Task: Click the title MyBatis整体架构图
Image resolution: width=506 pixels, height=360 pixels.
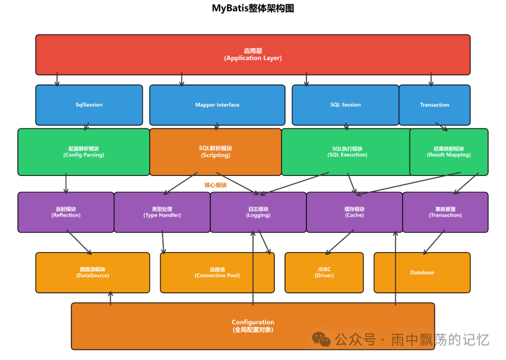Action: point(253,8)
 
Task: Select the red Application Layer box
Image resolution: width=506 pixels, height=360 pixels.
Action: point(253,54)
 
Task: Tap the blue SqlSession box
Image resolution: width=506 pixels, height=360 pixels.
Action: point(89,105)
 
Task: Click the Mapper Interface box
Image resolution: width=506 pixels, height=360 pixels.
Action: point(217,105)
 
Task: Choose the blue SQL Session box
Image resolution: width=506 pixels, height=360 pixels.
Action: point(345,105)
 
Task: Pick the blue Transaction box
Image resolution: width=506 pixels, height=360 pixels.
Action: point(434,105)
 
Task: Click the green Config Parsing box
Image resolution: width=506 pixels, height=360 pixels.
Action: point(83,152)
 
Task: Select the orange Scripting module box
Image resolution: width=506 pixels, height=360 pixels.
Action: point(216,152)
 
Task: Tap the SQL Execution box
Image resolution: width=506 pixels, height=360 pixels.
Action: point(347,152)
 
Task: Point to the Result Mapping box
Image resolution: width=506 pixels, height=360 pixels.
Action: point(449,152)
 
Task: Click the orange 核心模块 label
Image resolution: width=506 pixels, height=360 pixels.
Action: point(216,185)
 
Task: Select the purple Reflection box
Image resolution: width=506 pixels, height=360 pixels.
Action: point(66,212)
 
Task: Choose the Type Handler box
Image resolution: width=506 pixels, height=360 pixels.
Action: point(162,212)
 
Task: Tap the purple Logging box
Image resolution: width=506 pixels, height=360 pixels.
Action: point(258,212)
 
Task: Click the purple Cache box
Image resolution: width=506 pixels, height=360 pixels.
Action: point(354,212)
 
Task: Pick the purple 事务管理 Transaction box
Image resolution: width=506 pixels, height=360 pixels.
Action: point(445,212)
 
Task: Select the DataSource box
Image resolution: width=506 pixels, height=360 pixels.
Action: point(92,272)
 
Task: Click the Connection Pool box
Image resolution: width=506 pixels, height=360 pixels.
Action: point(217,272)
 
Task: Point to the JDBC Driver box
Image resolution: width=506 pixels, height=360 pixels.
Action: point(324,272)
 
